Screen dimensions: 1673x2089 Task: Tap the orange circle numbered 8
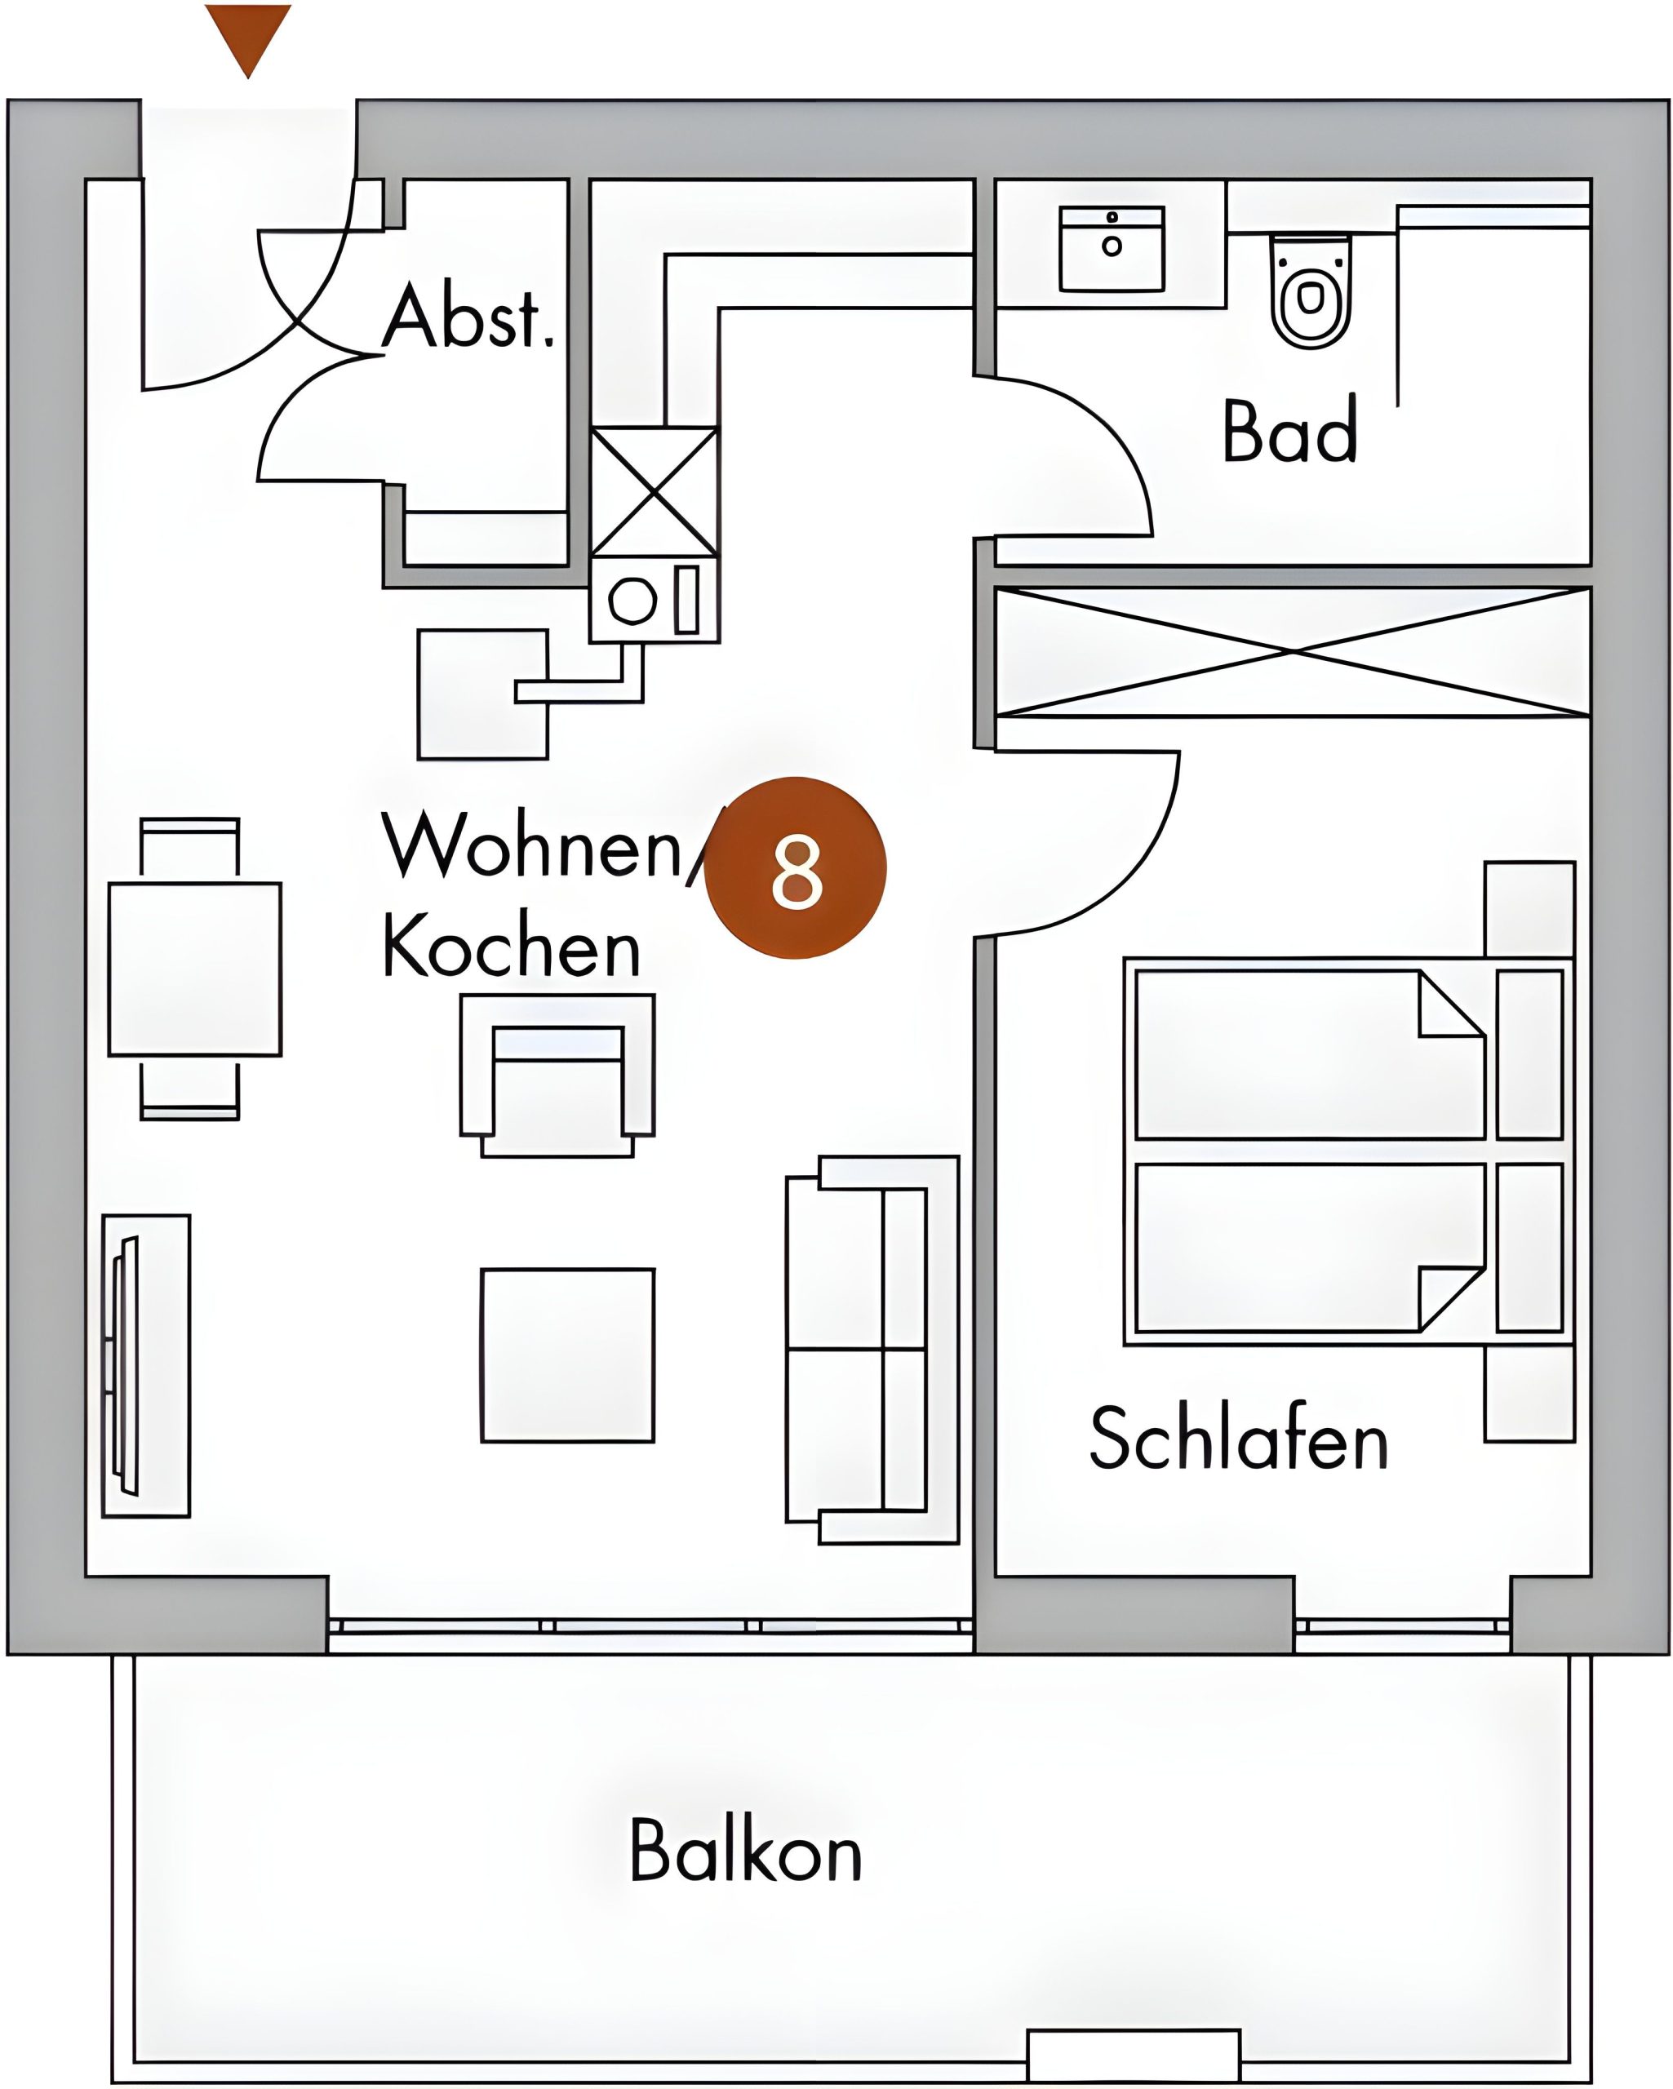click(x=796, y=868)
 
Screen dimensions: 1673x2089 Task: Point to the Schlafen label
click(x=1239, y=1438)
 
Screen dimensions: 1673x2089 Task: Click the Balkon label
click(x=745, y=1851)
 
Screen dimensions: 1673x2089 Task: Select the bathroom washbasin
click(x=1112, y=248)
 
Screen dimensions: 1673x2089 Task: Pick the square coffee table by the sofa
click(x=568, y=1355)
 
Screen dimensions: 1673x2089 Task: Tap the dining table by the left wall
click(x=195, y=969)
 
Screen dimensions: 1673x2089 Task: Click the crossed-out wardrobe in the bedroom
click(x=1293, y=653)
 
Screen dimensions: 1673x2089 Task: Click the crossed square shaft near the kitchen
click(x=655, y=492)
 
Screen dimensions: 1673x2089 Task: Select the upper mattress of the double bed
click(x=1310, y=1054)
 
